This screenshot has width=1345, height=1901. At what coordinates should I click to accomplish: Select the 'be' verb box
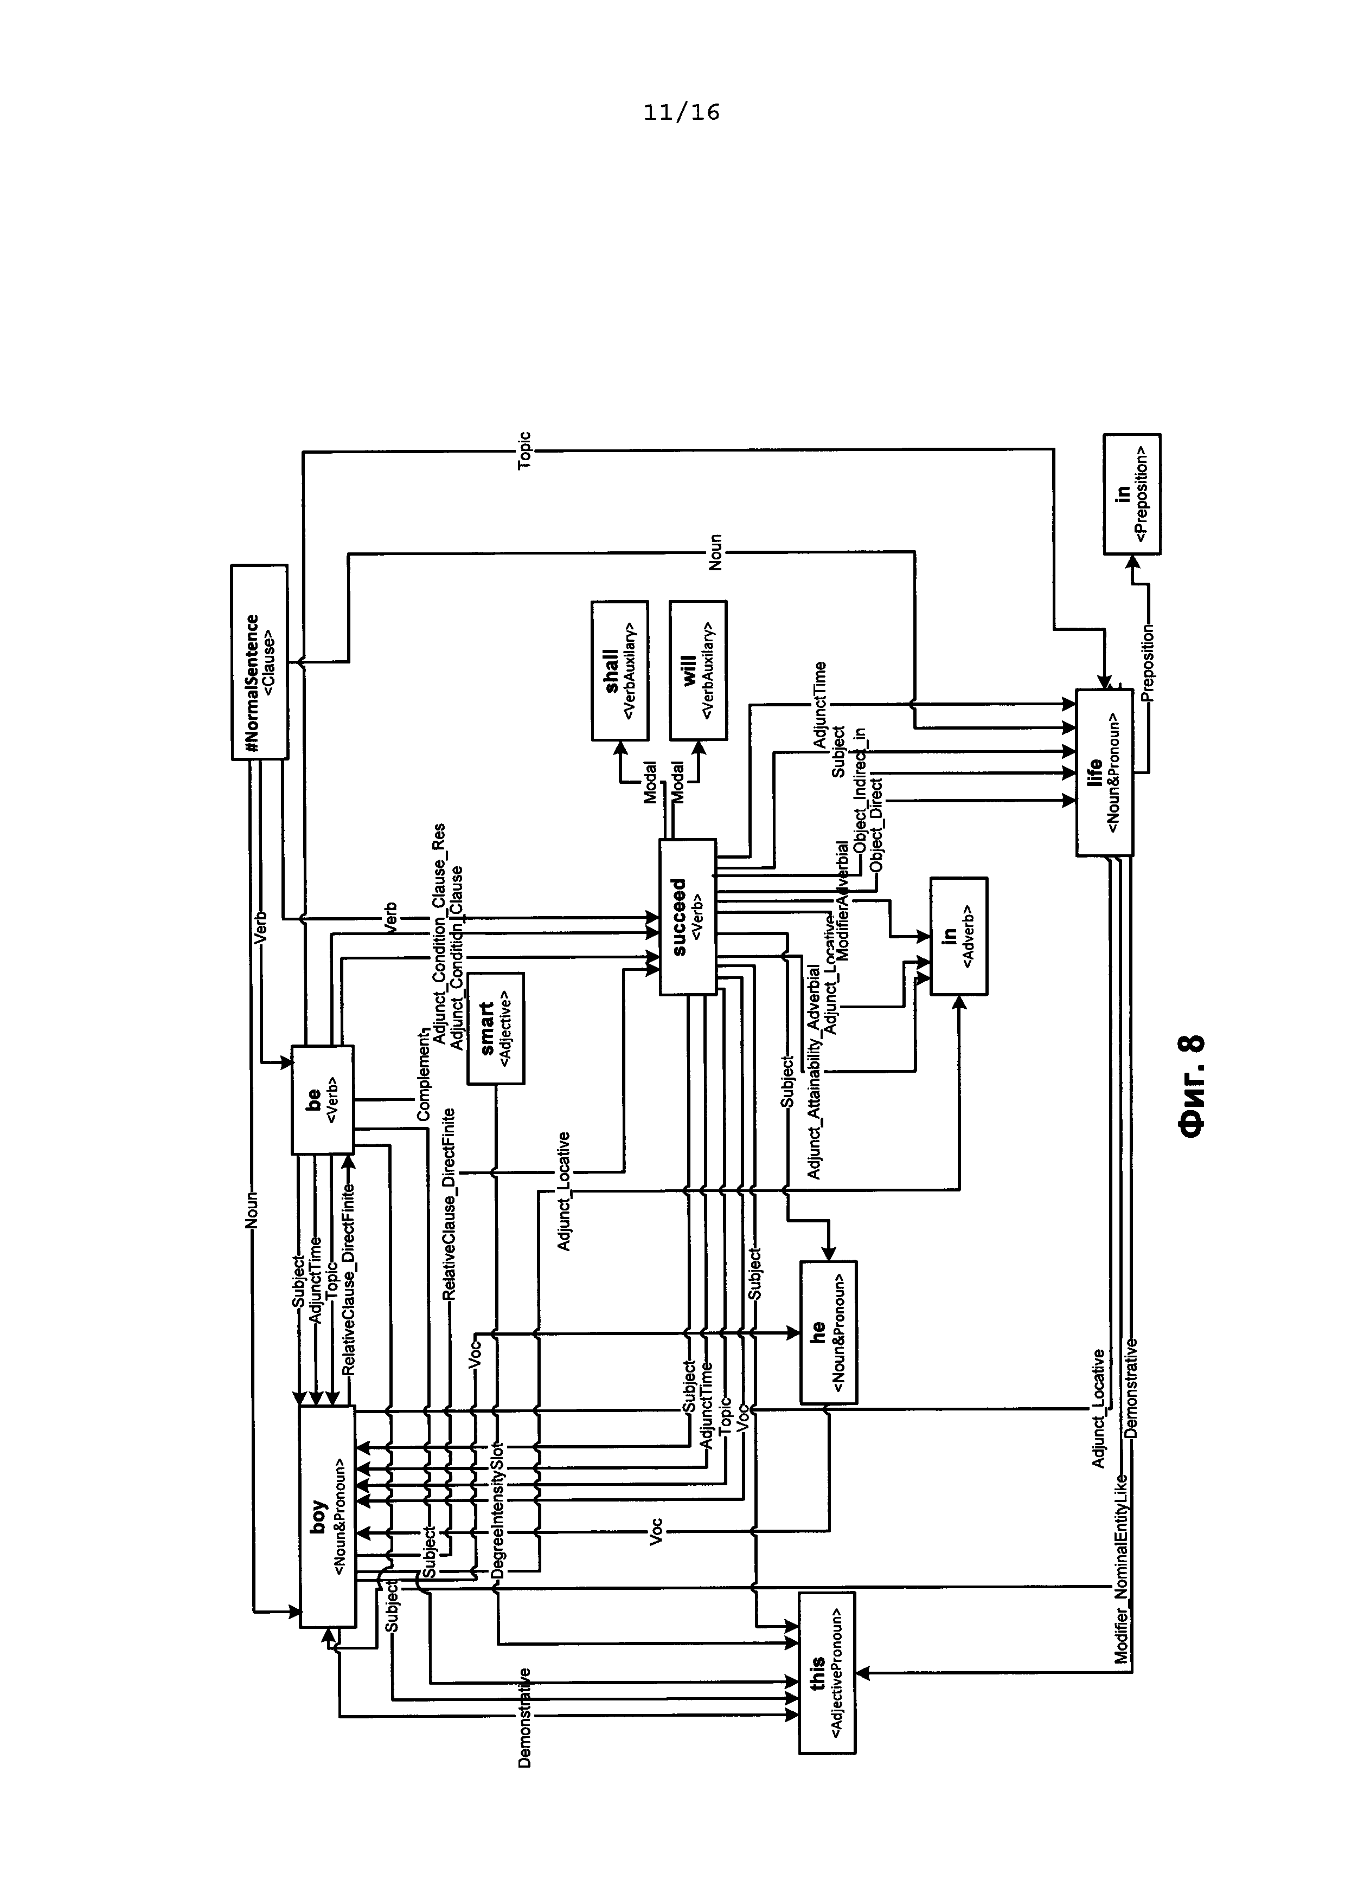(322, 1099)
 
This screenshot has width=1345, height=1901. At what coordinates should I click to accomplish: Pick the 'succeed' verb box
(687, 917)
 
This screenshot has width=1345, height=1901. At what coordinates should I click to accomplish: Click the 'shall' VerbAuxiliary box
(619, 671)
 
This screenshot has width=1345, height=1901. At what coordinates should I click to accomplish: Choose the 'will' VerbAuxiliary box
(698, 671)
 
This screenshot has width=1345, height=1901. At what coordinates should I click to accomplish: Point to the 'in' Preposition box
(1131, 494)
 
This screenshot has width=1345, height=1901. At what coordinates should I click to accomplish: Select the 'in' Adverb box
(958, 936)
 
